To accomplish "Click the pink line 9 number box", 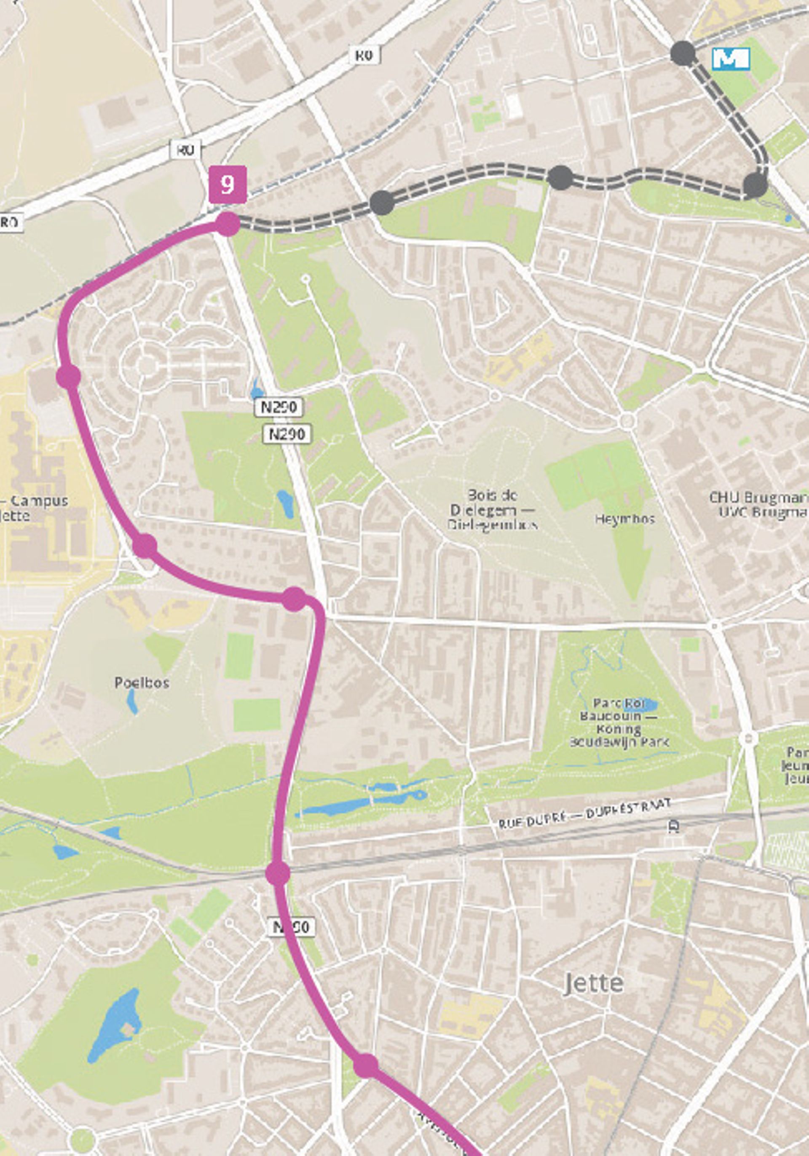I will [x=228, y=185].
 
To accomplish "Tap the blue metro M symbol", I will [x=731, y=59].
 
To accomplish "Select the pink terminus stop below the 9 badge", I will [x=228, y=224].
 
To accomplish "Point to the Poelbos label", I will [x=142, y=683].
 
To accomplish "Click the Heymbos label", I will [x=624, y=519].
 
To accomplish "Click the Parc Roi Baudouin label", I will [x=619, y=723].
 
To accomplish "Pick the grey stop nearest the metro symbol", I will [x=683, y=54].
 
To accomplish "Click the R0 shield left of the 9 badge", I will [x=186, y=150].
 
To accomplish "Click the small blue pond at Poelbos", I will [x=132, y=701].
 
